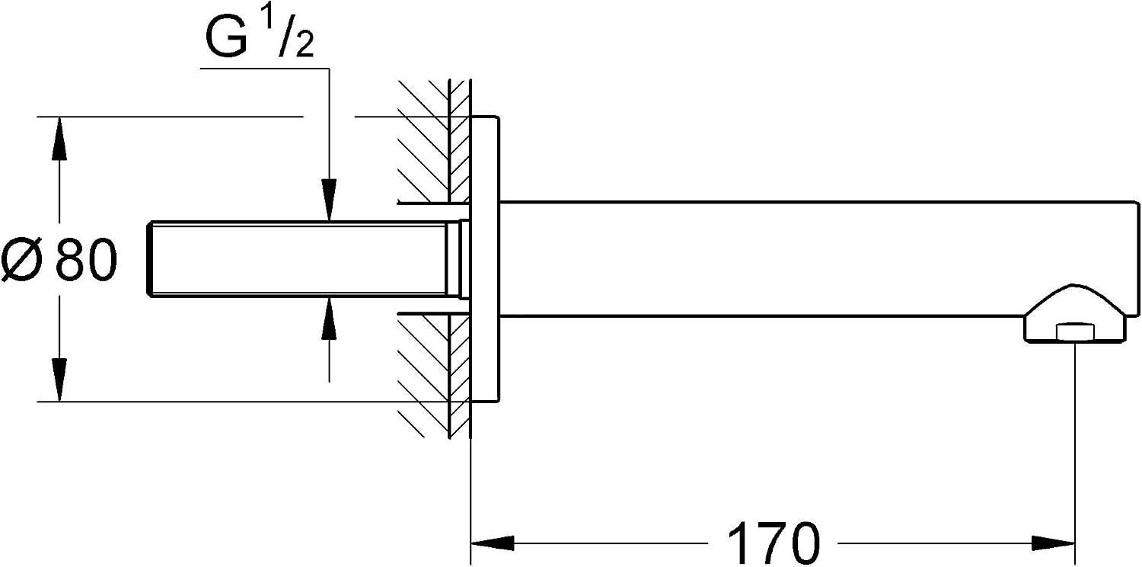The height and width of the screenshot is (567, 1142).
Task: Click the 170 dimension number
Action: coord(773,543)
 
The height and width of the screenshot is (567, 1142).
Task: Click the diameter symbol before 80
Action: coord(21,259)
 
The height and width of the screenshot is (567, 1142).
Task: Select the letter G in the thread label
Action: coord(227,38)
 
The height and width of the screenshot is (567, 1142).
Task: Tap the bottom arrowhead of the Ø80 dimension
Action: coord(59,380)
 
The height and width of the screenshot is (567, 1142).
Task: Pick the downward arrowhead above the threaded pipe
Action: coord(329,200)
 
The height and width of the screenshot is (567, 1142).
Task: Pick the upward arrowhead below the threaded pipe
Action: coord(329,318)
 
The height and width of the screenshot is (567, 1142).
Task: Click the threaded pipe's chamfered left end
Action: coord(150,259)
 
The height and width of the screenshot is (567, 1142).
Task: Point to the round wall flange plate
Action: coord(484,259)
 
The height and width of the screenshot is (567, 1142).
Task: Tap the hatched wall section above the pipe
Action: coord(433,140)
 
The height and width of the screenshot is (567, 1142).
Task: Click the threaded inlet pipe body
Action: coord(299,259)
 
